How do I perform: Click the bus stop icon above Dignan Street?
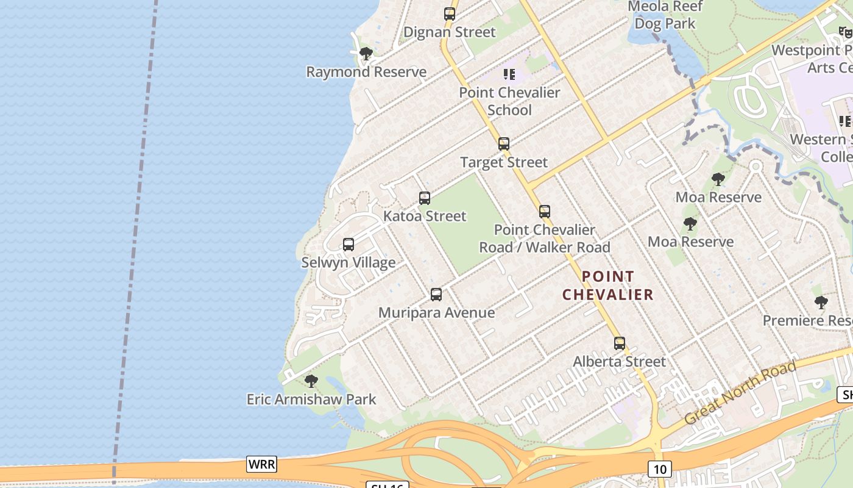pos(450,13)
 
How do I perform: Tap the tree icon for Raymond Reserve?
pos(366,54)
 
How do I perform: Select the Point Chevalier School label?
pos(509,101)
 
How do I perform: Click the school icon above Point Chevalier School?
pos(509,74)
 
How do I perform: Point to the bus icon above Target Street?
pos(504,144)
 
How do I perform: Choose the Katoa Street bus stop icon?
pos(425,198)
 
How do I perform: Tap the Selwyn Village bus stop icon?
pos(349,245)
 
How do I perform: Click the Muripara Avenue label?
pos(436,313)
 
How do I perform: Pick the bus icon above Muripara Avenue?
pos(436,295)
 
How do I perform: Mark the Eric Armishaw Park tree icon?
pos(311,381)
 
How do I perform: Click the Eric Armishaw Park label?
pos(311,400)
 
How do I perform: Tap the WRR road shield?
pos(262,464)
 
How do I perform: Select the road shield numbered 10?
pos(660,469)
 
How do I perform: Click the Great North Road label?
pos(740,393)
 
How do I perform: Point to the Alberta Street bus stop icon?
pos(620,343)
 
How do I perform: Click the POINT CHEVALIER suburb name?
pos(607,285)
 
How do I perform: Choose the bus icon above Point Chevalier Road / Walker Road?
pos(545,212)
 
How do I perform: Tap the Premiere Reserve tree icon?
pos(821,302)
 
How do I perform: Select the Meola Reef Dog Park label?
pos(665,15)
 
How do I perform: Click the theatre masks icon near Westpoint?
pos(845,32)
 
